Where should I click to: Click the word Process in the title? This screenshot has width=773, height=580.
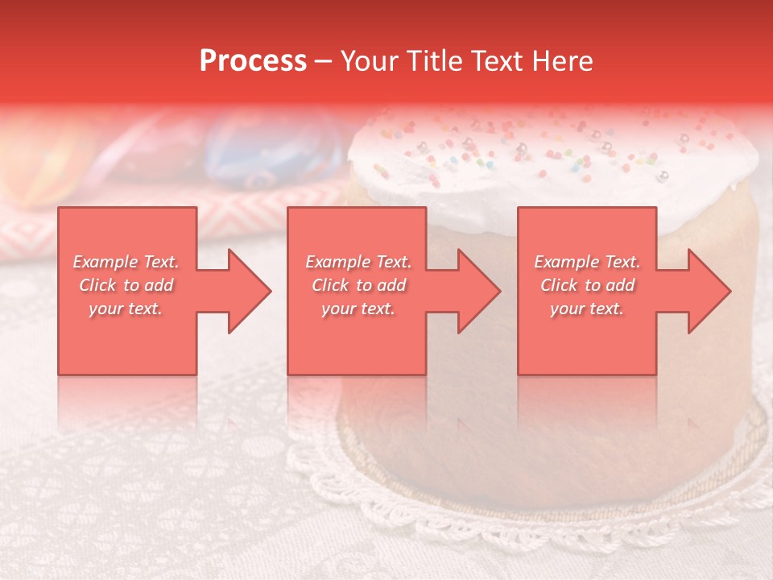click(253, 61)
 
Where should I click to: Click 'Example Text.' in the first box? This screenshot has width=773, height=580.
click(126, 262)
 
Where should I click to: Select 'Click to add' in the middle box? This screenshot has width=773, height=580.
click(358, 285)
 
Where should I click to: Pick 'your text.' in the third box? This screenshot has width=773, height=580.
click(587, 309)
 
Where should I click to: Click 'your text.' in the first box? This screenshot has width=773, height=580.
click(126, 309)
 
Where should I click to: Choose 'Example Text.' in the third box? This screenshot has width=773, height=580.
click(587, 262)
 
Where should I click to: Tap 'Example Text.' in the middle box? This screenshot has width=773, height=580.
click(358, 262)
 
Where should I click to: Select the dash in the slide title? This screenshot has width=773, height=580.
click(323, 61)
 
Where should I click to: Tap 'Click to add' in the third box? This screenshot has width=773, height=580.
click(587, 285)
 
